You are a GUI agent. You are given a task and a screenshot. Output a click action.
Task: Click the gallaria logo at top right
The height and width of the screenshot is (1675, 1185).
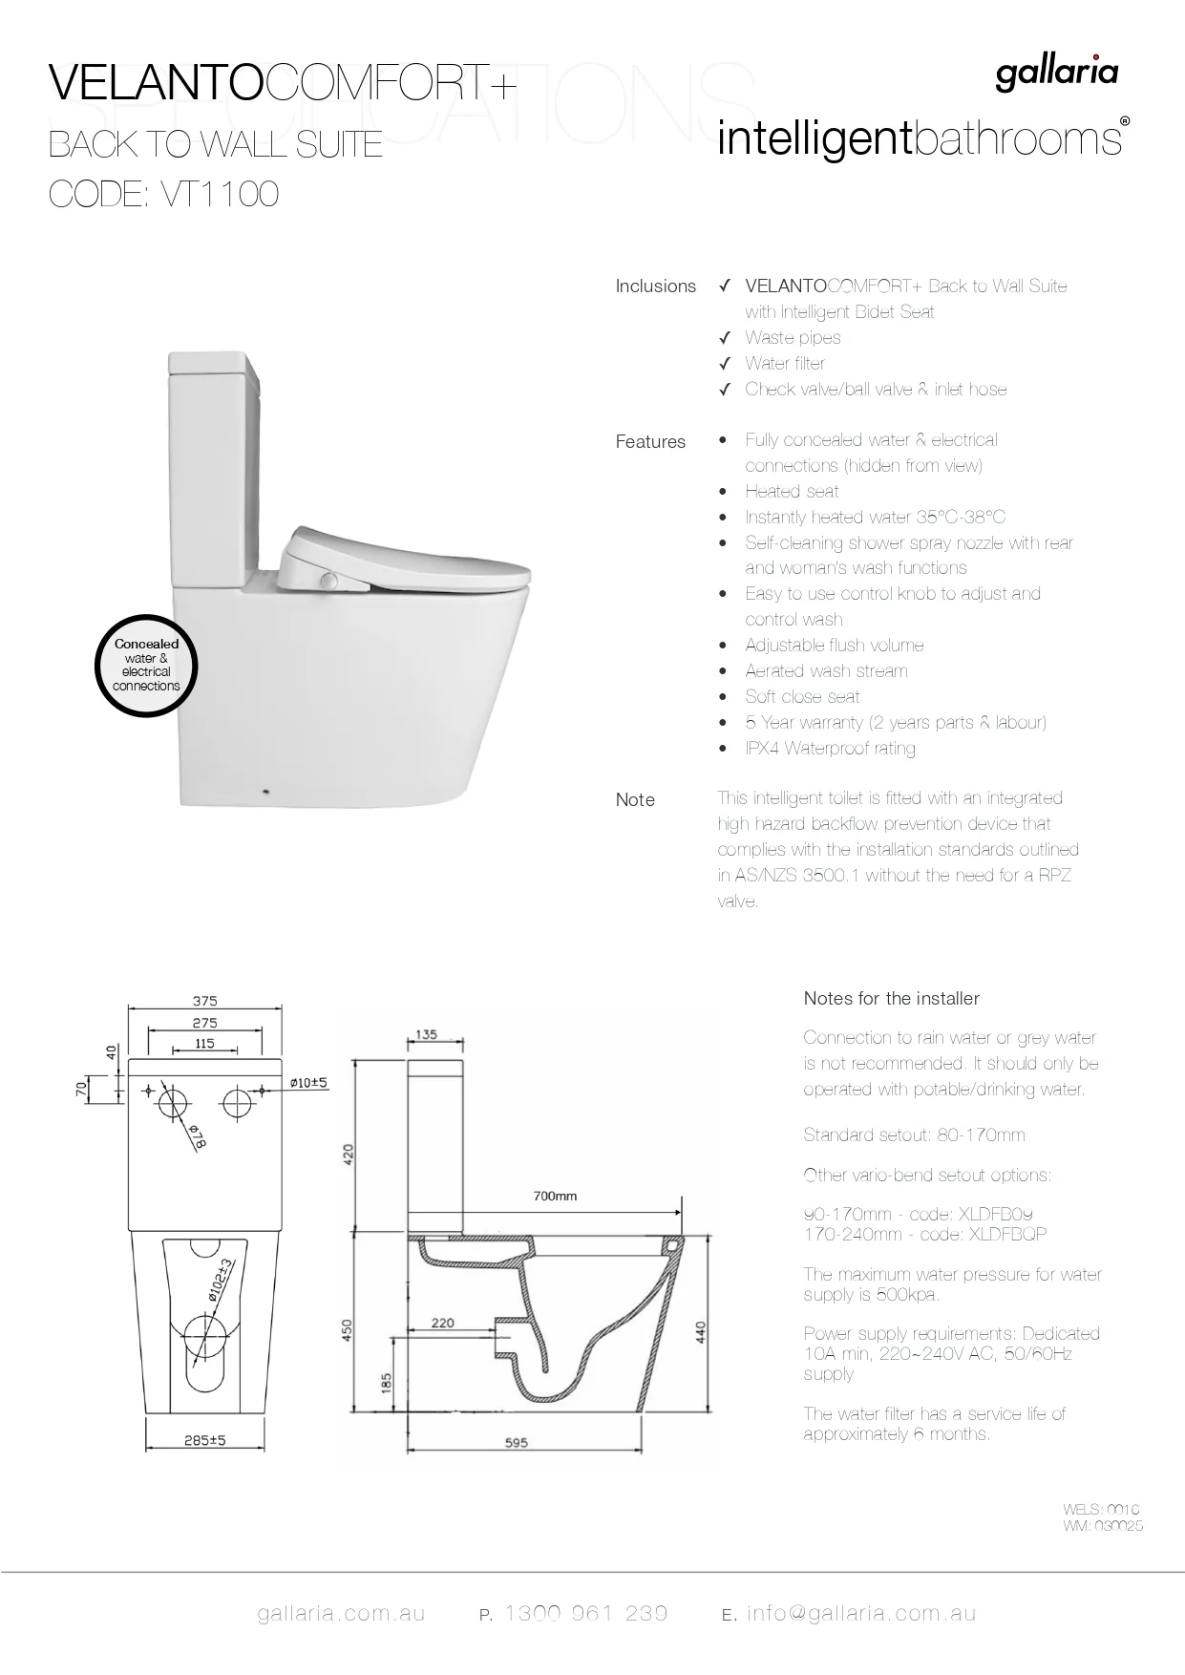[x=1056, y=74]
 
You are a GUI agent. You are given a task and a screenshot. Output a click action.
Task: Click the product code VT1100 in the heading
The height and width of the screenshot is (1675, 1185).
[x=220, y=194]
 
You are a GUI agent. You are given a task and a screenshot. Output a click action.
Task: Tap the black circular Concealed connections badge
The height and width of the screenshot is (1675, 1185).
[x=146, y=665]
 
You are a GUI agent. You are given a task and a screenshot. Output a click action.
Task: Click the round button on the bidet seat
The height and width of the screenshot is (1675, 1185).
[x=329, y=581]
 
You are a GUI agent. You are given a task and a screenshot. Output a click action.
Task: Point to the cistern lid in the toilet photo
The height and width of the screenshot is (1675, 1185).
[x=211, y=363]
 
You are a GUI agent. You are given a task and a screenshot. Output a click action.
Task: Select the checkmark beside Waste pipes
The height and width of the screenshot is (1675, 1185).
[x=725, y=337]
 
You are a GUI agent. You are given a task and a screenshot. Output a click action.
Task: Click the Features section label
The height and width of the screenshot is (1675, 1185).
[x=650, y=441]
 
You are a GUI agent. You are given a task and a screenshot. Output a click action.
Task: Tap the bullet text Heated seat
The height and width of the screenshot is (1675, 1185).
[x=792, y=491]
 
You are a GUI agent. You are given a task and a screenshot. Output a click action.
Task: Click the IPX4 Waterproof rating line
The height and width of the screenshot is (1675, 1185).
[x=830, y=748]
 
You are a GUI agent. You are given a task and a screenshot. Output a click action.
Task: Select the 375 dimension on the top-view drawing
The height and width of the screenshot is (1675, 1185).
[x=205, y=1001]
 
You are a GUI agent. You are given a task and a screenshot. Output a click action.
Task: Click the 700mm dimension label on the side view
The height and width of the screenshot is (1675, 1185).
[x=555, y=1196]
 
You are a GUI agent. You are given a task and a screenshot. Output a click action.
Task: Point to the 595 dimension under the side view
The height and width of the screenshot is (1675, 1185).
[x=516, y=1442]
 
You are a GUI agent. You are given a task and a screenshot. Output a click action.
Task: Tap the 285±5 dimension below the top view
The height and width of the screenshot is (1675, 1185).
[x=205, y=1439]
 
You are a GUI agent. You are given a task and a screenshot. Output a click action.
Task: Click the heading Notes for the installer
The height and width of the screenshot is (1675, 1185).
[x=891, y=998]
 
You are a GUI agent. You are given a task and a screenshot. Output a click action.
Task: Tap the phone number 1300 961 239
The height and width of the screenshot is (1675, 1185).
[x=585, y=1613]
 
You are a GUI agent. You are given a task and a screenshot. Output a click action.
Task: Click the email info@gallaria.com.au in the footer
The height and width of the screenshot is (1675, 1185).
[x=861, y=1613]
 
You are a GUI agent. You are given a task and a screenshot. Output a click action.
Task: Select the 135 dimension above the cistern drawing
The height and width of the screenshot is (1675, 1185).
[x=427, y=1034]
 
